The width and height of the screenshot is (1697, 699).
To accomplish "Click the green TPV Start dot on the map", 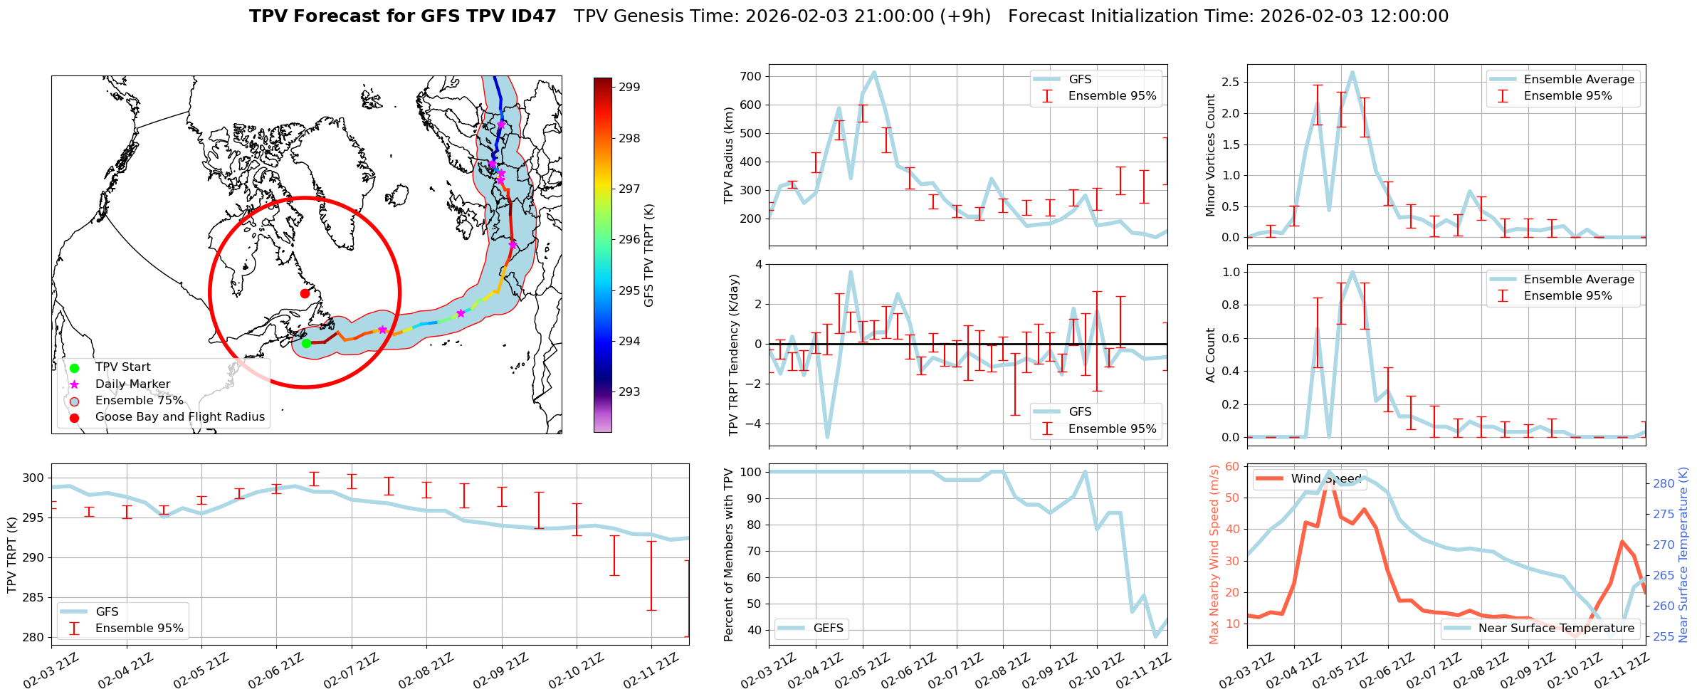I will [306, 343].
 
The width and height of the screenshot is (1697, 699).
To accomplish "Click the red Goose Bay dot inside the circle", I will [305, 293].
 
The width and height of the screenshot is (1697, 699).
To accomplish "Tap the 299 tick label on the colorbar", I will [629, 88].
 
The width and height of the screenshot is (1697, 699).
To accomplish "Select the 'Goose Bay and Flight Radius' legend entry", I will [179, 417].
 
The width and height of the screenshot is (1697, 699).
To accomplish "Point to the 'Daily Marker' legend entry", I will [132, 384].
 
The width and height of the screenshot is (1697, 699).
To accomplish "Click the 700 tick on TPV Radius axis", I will [752, 77].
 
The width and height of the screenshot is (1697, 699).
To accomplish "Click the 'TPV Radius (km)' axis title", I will [728, 155].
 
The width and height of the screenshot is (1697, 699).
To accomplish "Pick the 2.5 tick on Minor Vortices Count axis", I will [1229, 83].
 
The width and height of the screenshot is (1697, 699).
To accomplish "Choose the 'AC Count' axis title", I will [1210, 355].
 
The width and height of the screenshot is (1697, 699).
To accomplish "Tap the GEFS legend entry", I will [828, 628].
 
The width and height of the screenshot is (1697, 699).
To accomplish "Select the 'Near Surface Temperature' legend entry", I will [1556, 628].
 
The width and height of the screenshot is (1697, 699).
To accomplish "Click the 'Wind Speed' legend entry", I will [1325, 479].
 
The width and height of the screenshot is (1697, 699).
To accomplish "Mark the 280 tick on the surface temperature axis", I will [1664, 484].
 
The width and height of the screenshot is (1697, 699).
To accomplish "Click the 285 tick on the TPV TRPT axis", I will [33, 598].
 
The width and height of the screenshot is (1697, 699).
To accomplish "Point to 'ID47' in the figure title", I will [530, 16].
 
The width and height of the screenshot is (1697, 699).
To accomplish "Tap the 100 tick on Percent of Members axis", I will [752, 473].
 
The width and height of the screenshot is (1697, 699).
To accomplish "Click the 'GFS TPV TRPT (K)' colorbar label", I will [648, 256].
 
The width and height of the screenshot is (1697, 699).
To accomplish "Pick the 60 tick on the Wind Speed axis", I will [1231, 467].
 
